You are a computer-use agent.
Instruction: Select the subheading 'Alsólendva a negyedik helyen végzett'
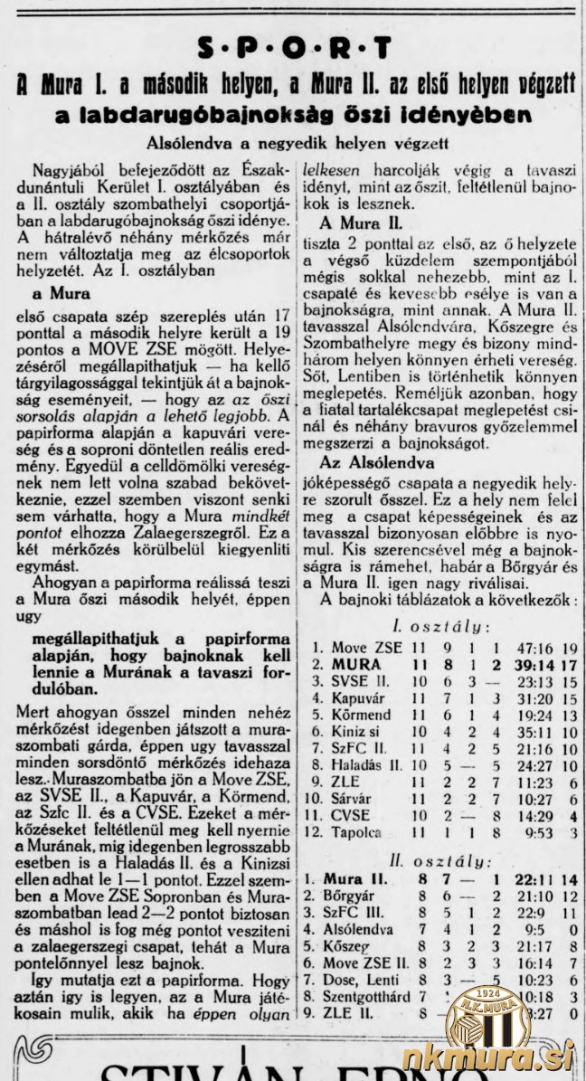tap(294, 143)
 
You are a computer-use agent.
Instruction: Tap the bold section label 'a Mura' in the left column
tap(61, 293)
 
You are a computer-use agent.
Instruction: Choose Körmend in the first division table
tap(364, 715)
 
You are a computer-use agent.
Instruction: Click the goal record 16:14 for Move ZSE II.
tap(520, 962)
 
